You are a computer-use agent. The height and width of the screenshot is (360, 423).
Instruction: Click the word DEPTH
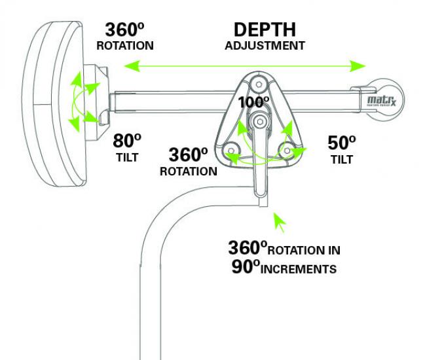tap(265, 30)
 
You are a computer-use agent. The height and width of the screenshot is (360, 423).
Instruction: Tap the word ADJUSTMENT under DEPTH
tap(265, 46)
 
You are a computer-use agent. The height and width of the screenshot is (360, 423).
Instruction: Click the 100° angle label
tap(254, 102)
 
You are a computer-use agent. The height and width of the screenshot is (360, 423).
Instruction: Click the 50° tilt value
tap(341, 142)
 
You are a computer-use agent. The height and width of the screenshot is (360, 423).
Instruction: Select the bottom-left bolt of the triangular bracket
tap(230, 149)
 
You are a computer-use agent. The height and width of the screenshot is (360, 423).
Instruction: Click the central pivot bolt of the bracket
tap(259, 121)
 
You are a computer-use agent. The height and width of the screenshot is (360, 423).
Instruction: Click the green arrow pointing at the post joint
tap(280, 221)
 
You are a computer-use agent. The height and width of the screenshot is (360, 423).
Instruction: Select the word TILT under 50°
tap(341, 159)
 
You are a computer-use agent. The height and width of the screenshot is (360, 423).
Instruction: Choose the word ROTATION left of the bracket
tap(189, 171)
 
